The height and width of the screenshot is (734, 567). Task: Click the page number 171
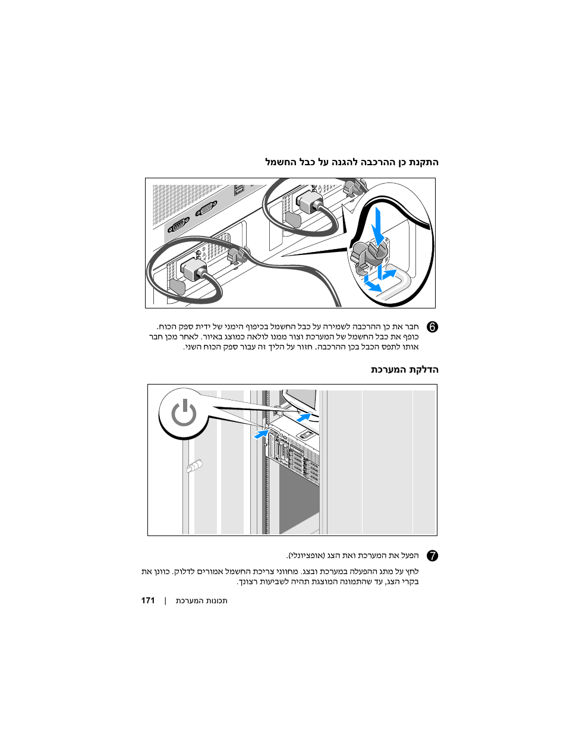[x=148, y=600]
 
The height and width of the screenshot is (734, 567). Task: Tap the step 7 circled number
[x=432, y=556]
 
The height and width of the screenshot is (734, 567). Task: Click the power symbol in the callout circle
[x=184, y=413]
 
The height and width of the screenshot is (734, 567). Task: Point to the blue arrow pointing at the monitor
[x=304, y=418]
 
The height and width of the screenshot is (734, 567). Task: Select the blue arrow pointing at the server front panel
[x=262, y=434]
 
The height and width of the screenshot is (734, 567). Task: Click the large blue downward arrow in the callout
[x=377, y=228]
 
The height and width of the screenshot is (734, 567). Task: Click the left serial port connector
[x=178, y=225]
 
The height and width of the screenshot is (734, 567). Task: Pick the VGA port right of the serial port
[x=206, y=209]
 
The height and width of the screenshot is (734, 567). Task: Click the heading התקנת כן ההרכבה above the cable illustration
[x=351, y=162]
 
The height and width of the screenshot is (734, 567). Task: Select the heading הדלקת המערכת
[x=404, y=370]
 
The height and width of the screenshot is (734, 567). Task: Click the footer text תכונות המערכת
[x=201, y=600]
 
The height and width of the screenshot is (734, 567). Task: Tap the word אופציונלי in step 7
[x=307, y=556]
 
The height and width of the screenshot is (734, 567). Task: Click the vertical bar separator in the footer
[x=165, y=600]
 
